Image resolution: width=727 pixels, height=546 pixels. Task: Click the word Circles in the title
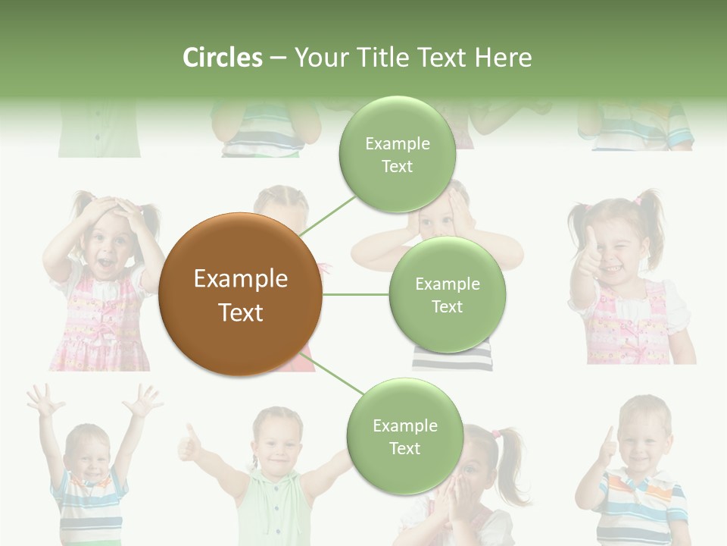[x=222, y=58]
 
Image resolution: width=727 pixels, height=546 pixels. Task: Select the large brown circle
[x=240, y=294]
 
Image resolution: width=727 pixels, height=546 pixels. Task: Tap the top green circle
[x=397, y=155]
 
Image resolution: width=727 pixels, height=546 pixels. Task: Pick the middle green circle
[x=447, y=295]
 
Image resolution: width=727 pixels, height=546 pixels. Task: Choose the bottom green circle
[x=404, y=437]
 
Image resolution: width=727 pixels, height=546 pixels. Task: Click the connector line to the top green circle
[x=327, y=215]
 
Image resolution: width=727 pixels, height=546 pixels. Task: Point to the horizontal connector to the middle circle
[x=355, y=294]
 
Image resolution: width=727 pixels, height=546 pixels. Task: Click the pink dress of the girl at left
[x=98, y=326]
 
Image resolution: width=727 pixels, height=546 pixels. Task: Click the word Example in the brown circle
[x=240, y=279]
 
